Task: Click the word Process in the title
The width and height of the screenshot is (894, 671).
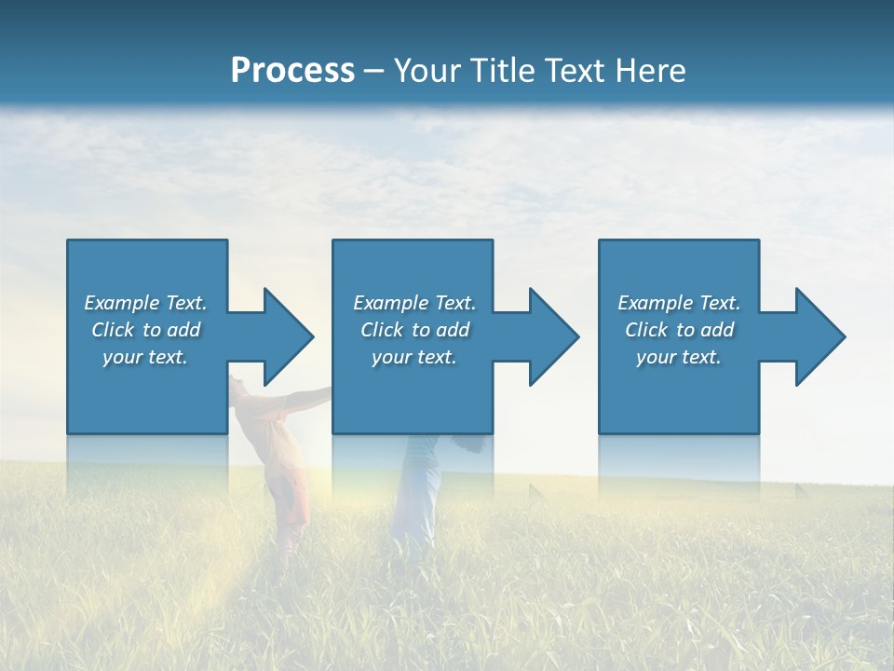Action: tap(292, 71)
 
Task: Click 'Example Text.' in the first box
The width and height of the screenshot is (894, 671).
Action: tap(145, 303)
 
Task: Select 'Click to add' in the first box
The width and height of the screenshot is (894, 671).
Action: tap(145, 330)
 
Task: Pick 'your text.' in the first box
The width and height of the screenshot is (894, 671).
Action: tap(145, 357)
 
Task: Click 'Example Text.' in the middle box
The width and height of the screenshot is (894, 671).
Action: tap(413, 303)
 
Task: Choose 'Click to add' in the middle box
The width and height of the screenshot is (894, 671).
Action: tap(413, 330)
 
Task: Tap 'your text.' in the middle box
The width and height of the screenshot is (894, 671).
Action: tap(413, 357)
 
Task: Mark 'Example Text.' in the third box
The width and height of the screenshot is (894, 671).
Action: tap(678, 303)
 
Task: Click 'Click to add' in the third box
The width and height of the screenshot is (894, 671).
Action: tap(678, 330)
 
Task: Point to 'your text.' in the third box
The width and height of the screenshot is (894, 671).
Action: tap(678, 357)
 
